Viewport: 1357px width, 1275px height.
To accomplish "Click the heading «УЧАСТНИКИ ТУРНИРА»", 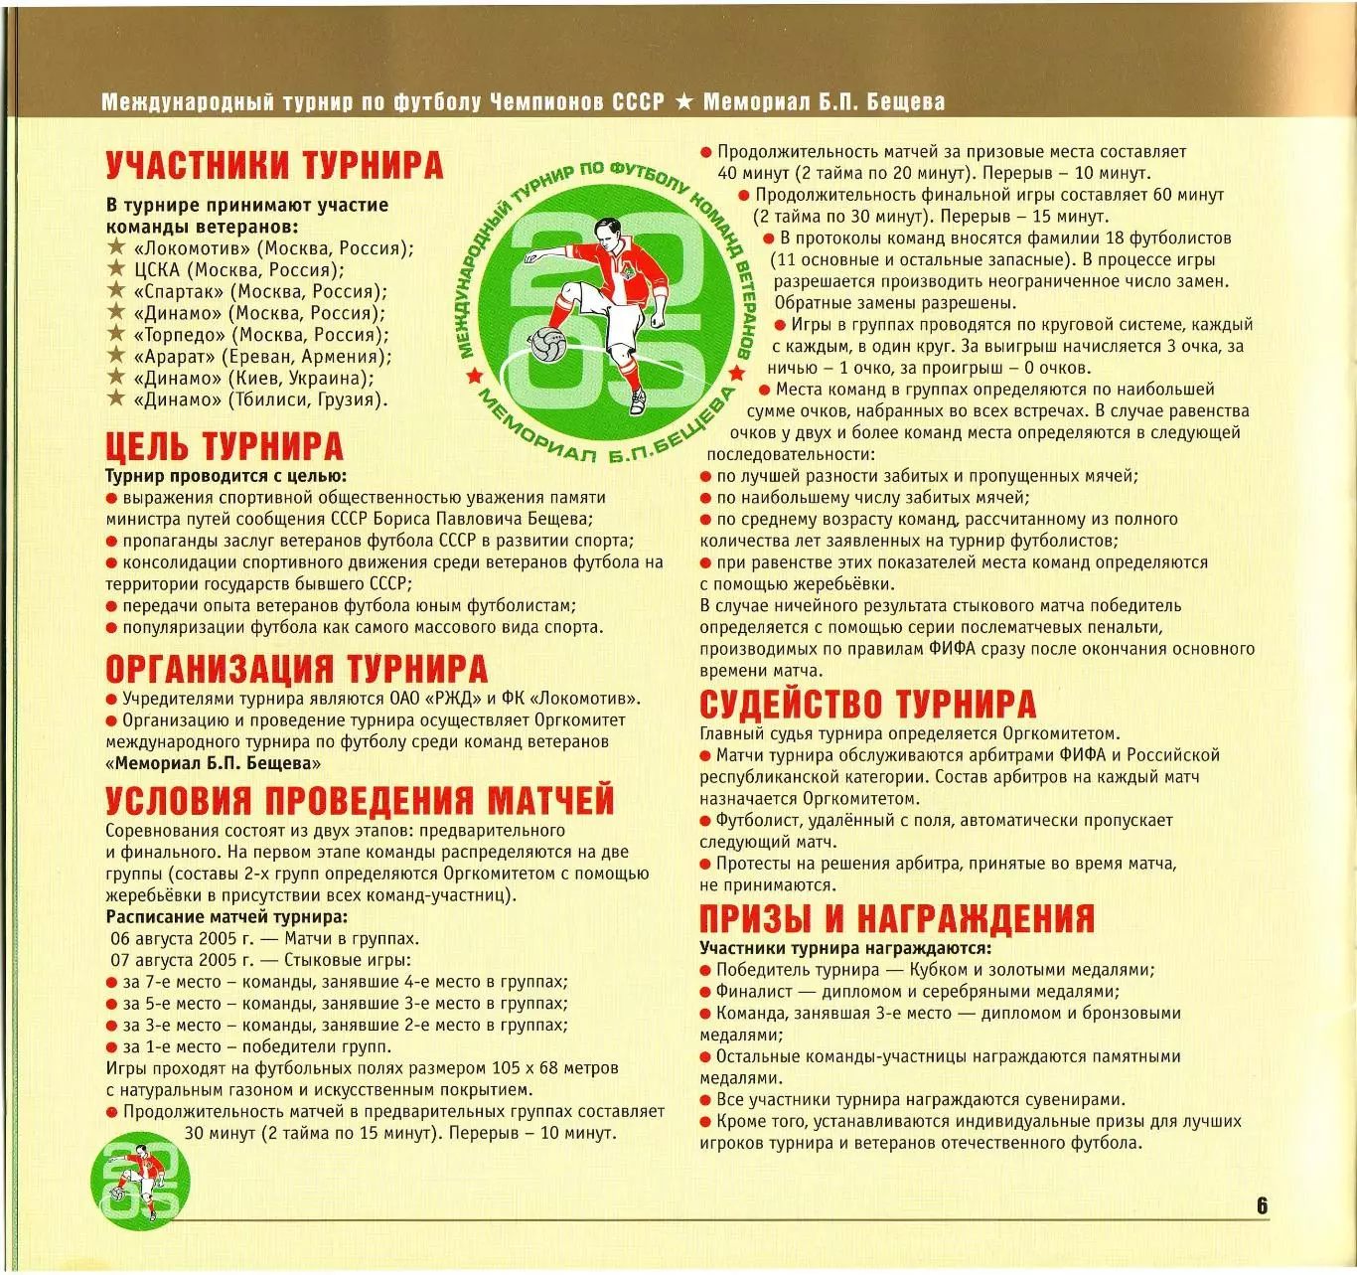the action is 274,166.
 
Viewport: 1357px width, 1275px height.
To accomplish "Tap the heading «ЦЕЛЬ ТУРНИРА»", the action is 225,447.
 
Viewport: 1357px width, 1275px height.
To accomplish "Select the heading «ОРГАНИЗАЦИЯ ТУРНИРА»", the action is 296,669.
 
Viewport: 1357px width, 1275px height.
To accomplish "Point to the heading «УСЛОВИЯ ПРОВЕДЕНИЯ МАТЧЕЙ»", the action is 360,801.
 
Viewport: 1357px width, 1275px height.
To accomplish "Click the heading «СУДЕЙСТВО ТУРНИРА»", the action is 867,705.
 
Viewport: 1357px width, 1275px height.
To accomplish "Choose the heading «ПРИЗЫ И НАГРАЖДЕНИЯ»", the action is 896,917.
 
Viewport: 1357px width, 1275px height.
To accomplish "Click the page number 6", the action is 1262,1205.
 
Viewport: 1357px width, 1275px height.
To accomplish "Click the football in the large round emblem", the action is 545,344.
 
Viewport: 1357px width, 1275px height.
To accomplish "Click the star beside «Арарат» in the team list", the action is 117,356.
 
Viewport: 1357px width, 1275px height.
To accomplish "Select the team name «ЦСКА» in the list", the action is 157,270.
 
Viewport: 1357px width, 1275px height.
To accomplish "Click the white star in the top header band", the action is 683,101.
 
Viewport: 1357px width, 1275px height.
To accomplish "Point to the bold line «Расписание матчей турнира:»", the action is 226,916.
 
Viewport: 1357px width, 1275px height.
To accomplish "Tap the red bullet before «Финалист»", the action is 705,992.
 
